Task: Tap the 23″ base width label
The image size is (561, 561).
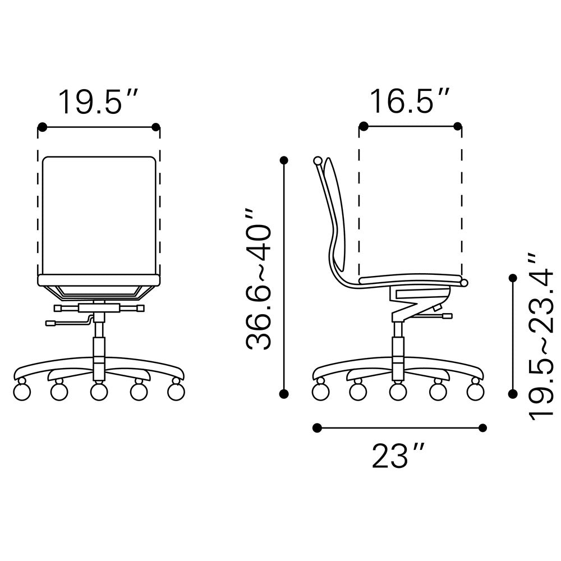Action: point(398,456)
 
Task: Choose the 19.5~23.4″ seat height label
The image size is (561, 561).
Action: point(540,336)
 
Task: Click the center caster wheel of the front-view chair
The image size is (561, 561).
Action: point(99,390)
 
